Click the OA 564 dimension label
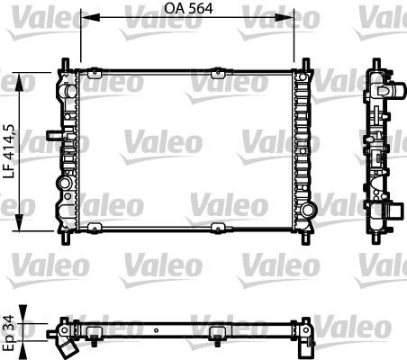point(188,8)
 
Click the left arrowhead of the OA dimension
point(90,17)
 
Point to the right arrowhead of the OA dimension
point(285,17)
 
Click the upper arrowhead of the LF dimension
point(20,82)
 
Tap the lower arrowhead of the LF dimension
point(20,222)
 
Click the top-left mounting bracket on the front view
point(95,73)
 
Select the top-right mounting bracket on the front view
point(218,73)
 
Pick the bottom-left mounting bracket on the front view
point(95,228)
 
